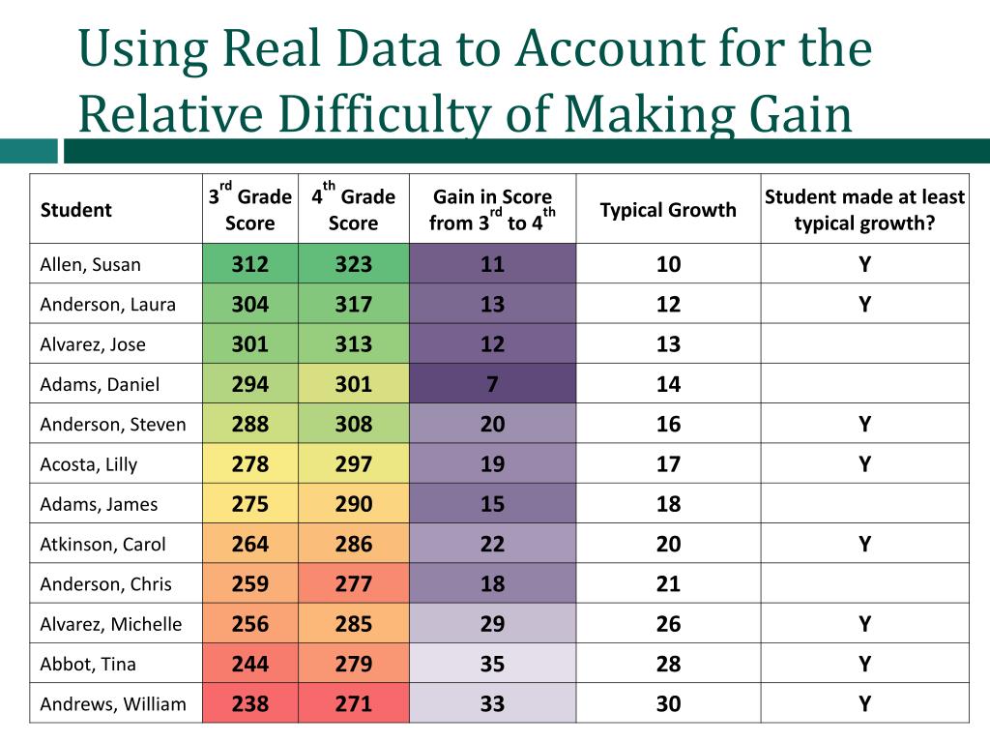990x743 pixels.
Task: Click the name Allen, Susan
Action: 90,265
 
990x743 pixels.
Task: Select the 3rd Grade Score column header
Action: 249,210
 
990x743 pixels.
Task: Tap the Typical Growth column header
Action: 668,210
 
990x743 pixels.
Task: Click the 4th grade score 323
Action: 353,265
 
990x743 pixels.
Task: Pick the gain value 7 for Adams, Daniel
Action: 492,384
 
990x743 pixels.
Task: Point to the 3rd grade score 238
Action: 249,704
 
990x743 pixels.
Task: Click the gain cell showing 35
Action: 492,665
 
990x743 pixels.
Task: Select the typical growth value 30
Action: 668,704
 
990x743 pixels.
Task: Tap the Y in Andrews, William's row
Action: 864,704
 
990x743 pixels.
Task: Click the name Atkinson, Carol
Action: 102,545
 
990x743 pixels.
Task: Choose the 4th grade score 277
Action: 353,584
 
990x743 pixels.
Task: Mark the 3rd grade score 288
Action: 249,425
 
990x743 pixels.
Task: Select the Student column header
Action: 76,210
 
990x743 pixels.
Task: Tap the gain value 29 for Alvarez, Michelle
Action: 492,624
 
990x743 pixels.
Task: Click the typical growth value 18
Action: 668,504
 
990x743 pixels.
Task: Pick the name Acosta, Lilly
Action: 89,464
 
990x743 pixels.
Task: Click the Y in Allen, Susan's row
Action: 864,265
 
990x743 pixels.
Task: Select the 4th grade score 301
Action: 353,384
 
